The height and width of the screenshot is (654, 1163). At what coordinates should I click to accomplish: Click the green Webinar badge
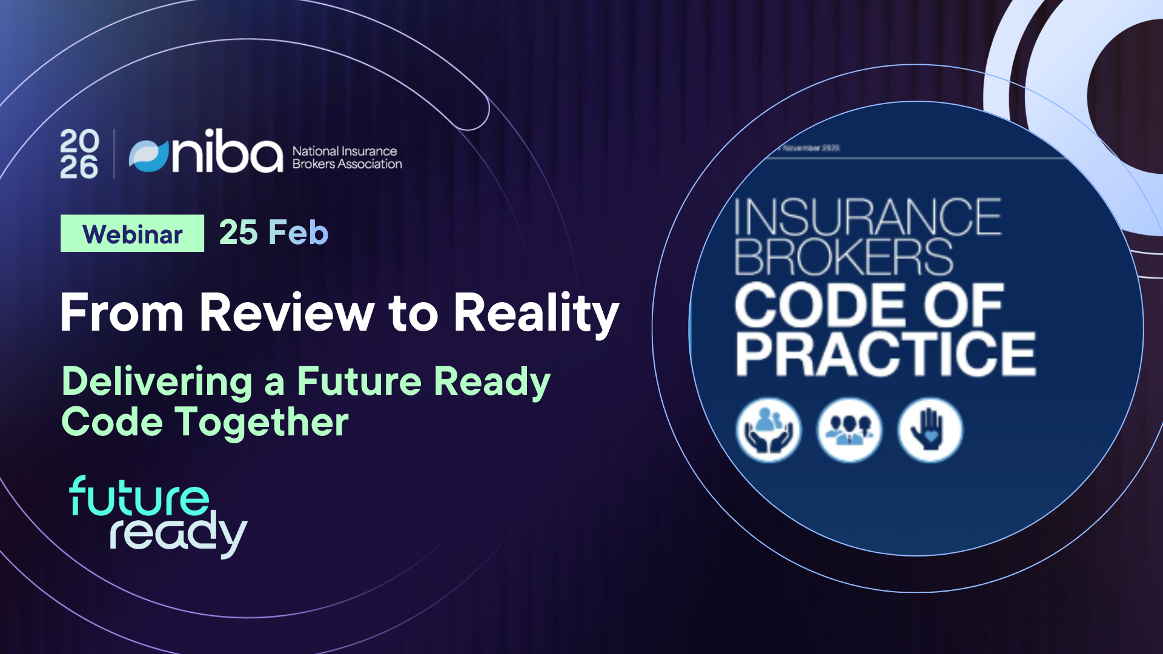pos(132,234)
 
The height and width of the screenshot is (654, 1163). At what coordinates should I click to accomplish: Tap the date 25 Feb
pos(273,233)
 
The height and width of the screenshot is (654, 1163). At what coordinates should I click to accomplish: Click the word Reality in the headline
pos(536,313)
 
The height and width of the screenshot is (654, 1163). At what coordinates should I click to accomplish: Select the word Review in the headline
pos(287,313)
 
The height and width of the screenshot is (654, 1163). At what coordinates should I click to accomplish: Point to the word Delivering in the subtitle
pos(157,382)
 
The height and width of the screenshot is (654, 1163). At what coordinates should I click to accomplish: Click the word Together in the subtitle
pos(262,422)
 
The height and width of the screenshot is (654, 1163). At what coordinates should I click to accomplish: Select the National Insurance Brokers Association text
pos(346,157)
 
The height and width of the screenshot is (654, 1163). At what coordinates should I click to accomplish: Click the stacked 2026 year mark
pos(79,154)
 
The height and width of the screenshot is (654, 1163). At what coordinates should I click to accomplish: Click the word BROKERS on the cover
pos(844,257)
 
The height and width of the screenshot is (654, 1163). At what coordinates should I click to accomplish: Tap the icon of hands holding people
pos(769,430)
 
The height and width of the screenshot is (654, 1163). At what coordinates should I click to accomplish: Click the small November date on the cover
pos(810,148)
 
